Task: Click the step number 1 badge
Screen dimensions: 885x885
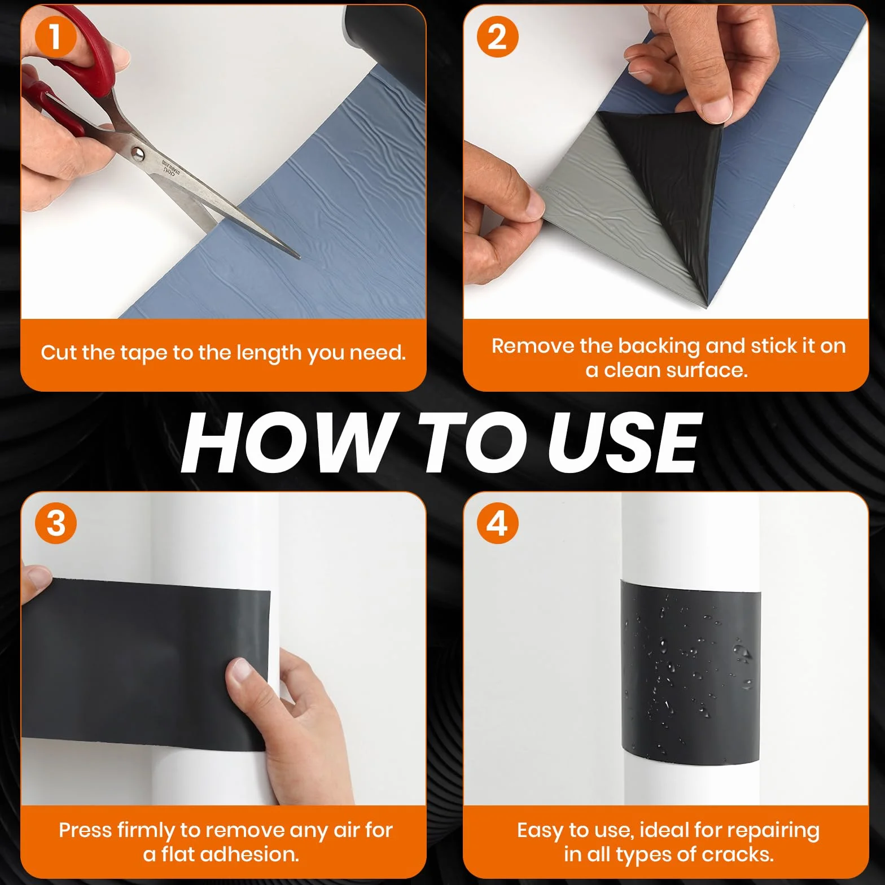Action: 55,37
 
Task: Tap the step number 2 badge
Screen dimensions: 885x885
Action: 497,37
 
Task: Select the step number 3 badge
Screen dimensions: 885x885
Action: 55,524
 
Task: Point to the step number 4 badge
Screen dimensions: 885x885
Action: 497,524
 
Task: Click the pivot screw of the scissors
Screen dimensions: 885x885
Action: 137,152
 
